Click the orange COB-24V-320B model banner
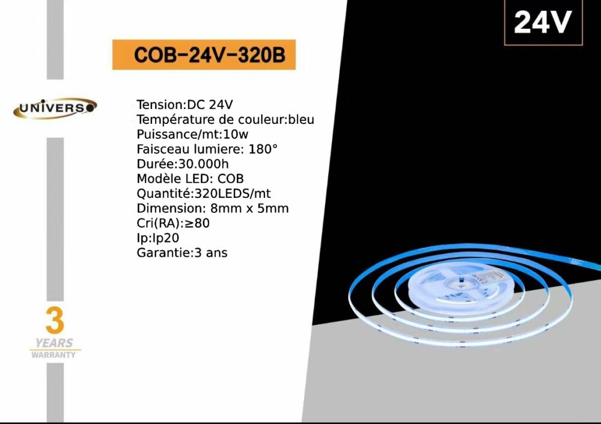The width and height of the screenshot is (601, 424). [x=204, y=55]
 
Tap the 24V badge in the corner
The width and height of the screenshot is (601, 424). [x=543, y=22]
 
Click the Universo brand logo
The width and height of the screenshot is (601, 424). [x=55, y=108]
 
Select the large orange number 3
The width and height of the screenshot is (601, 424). [x=55, y=321]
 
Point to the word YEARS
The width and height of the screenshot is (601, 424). [x=54, y=343]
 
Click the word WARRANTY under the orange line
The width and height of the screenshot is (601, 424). [x=53, y=355]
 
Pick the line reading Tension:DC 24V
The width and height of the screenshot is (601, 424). [x=185, y=105]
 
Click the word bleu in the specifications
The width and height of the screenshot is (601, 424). [x=301, y=119]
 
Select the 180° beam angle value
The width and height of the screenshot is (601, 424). [x=263, y=149]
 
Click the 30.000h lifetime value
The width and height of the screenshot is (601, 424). [x=204, y=164]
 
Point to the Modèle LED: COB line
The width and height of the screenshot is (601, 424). [x=190, y=179]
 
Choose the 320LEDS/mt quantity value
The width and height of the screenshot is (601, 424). [x=233, y=194]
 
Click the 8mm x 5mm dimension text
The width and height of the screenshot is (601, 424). [x=249, y=208]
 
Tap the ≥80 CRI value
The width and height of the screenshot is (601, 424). [x=197, y=223]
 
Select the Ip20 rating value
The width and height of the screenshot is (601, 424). [x=166, y=238]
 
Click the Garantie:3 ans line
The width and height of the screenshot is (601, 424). [x=182, y=253]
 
